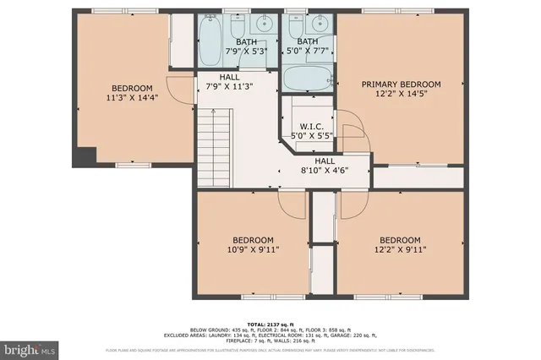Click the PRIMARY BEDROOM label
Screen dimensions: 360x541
coord(402,85)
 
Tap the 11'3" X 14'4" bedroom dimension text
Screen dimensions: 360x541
coord(133,97)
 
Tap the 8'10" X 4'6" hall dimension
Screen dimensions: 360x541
coord(325,170)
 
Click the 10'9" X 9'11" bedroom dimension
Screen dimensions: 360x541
coord(253,249)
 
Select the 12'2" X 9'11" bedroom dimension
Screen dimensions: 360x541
coord(400,249)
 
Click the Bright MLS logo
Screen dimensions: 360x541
coord(30,348)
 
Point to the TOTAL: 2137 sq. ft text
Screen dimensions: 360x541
coord(270,325)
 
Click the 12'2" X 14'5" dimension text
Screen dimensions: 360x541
coord(402,94)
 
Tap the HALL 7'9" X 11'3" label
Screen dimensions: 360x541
coord(218,81)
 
